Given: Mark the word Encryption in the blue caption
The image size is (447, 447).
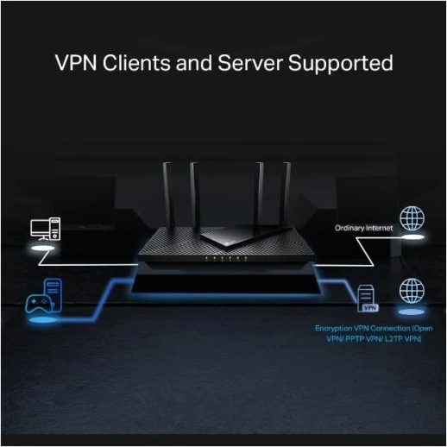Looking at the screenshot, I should [x=335, y=328].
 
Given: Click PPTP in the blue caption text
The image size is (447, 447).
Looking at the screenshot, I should [x=351, y=338].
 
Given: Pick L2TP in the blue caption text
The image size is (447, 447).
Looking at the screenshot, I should [x=393, y=338].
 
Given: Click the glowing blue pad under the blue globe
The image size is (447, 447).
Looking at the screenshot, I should [x=411, y=312].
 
